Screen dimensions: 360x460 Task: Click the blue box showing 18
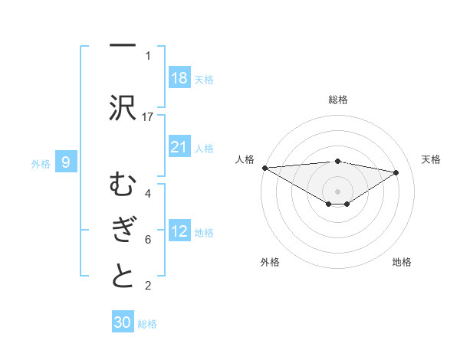(179, 78)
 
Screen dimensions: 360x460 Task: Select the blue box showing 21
(179, 147)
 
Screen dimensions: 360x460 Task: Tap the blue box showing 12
(179, 231)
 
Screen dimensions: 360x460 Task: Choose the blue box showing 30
(123, 322)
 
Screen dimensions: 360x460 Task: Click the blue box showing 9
(66, 162)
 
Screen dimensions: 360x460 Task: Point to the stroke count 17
(148, 116)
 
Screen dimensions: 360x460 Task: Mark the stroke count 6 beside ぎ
(148, 240)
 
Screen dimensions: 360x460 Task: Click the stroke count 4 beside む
(148, 194)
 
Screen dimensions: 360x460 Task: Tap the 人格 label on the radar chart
(245, 159)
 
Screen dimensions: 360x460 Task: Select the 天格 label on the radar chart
(431, 159)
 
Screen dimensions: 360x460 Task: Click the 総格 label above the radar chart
(338, 100)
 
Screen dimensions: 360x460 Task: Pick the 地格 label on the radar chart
(402, 262)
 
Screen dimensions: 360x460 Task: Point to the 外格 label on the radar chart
(270, 262)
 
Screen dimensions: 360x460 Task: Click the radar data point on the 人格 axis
(264, 167)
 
